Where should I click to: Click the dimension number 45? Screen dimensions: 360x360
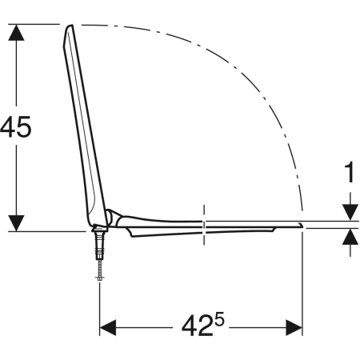point(16,126)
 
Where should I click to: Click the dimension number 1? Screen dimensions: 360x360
point(350,172)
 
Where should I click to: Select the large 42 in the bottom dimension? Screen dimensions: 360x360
point(198,326)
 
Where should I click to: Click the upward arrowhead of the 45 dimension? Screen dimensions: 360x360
point(16,33)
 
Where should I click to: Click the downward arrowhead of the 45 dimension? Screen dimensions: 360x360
point(16,223)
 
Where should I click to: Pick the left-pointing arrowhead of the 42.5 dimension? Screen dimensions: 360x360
point(108,327)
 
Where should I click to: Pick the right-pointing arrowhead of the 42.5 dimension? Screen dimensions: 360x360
point(294,327)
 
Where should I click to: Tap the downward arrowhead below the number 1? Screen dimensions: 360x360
point(350,213)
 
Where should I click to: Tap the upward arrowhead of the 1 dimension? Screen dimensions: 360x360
point(350,237)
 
